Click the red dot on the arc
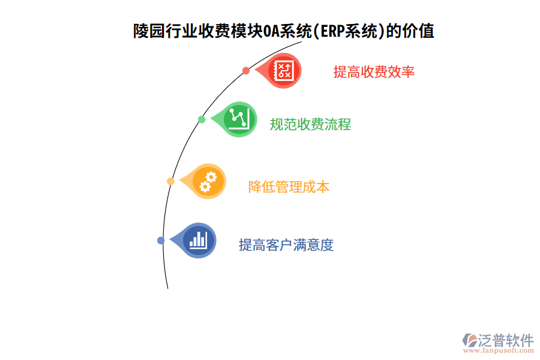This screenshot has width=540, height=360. click(246, 71)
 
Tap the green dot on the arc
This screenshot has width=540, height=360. click(202, 119)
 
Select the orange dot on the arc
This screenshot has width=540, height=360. click(170, 181)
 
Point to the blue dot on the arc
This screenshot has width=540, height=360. click(161, 241)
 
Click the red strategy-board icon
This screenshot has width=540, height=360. click(283, 71)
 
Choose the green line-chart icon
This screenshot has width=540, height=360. click(239, 119)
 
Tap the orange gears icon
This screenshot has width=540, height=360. click(208, 181)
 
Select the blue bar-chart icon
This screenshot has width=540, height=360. click(198, 241)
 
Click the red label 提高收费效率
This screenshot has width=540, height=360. click(374, 72)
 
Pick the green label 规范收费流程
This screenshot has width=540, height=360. click(310, 125)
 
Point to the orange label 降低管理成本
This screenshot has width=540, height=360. click(289, 187)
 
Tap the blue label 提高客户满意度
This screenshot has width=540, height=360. click(286, 245)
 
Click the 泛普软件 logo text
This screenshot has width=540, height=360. click(505, 341)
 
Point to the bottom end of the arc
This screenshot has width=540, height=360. click(168, 288)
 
